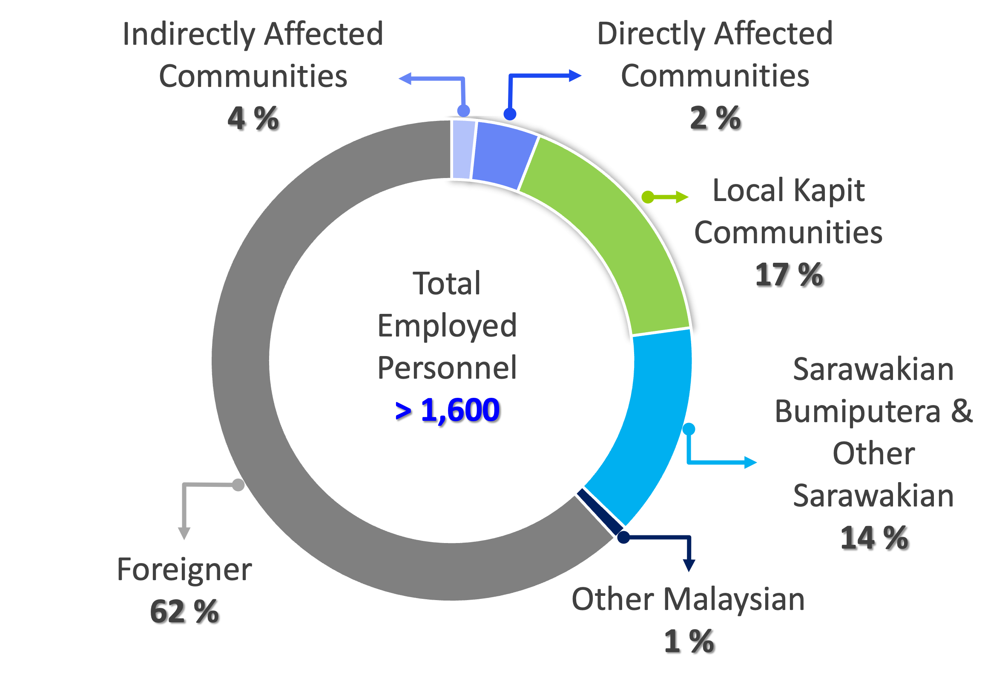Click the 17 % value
coord(788,275)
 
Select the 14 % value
coord(873,538)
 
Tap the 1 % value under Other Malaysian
coord(688,641)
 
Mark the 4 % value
coord(253,118)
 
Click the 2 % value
coord(715,118)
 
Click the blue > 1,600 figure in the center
coord(448,409)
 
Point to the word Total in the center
coord(447,284)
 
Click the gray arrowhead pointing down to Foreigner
coord(184,534)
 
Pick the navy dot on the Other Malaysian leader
coord(623,538)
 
